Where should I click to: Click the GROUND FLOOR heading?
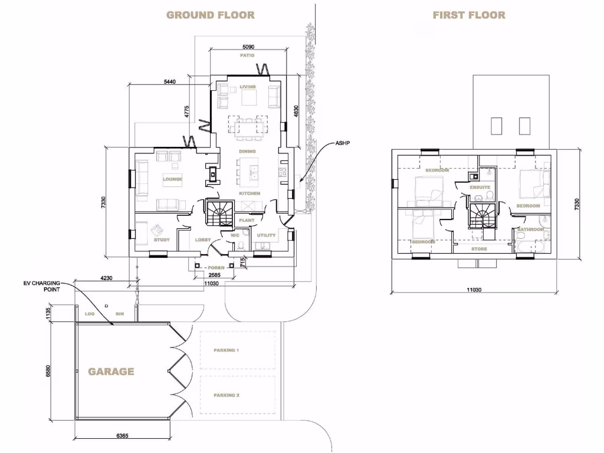(x=211, y=15)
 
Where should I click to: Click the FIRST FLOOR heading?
(x=469, y=15)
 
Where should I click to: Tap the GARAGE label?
(x=111, y=372)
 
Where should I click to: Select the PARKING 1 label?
(x=226, y=350)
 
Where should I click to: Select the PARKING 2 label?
(x=226, y=395)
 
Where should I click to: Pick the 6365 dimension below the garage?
(x=123, y=435)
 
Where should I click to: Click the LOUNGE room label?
(x=172, y=179)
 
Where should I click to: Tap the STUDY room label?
(x=162, y=240)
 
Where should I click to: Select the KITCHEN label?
(x=250, y=193)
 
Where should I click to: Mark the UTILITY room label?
(x=266, y=235)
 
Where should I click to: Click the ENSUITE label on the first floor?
(x=480, y=188)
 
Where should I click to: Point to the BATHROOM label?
(x=530, y=229)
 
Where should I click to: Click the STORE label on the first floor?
(x=479, y=249)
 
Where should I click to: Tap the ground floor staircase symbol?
(x=219, y=213)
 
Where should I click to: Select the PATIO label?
(x=247, y=55)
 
